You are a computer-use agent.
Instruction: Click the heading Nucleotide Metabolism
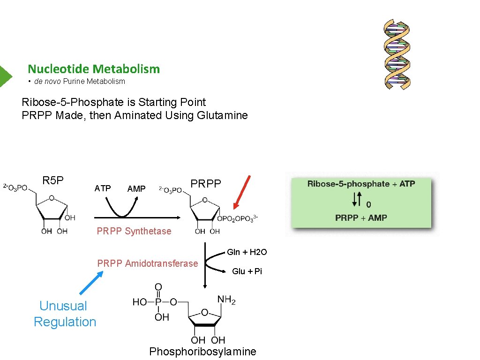94,69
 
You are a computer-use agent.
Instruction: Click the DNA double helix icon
397,54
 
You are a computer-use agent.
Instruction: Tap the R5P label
53,180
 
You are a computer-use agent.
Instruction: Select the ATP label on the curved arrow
103,188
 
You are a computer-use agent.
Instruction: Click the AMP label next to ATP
136,188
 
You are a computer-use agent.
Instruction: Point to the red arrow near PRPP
242,192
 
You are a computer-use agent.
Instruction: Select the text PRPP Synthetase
134,231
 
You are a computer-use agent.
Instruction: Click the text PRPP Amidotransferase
148,263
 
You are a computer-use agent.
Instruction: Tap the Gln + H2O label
247,252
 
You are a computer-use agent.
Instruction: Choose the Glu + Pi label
247,271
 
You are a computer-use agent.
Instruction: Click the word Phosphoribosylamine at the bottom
202,352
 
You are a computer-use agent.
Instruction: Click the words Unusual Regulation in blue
65,314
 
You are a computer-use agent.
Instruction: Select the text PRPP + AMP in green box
361,217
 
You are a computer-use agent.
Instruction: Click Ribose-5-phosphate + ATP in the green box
361,184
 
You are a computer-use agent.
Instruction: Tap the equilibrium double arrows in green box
357,201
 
